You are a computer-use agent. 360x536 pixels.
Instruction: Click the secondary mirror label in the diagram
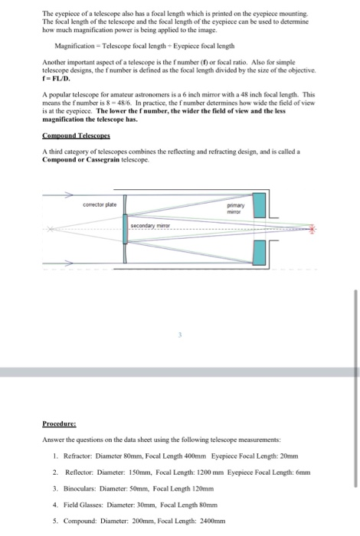tap(150, 226)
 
